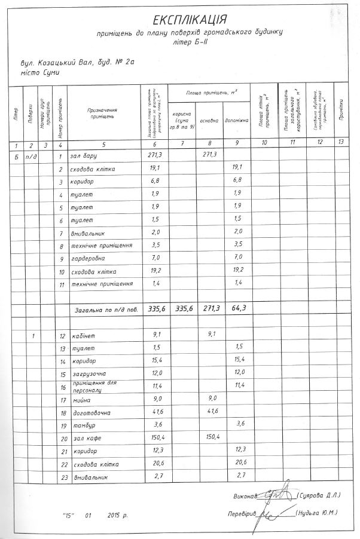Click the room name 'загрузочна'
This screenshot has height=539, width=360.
pos(88,374)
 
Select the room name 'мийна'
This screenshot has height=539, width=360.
pos(80,400)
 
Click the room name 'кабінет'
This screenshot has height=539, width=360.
pos(83,336)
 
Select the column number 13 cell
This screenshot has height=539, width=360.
pos(341,143)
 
